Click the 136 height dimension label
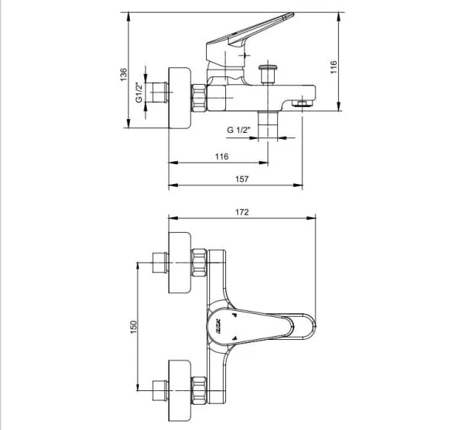[x=123, y=74]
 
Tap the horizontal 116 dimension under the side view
[x=221, y=157]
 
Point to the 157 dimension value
[x=242, y=179]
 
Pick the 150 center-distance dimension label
[x=133, y=325]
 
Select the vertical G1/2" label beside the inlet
[x=139, y=92]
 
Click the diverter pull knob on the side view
[x=268, y=75]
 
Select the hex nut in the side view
[x=199, y=98]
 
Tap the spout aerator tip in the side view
[x=303, y=103]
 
